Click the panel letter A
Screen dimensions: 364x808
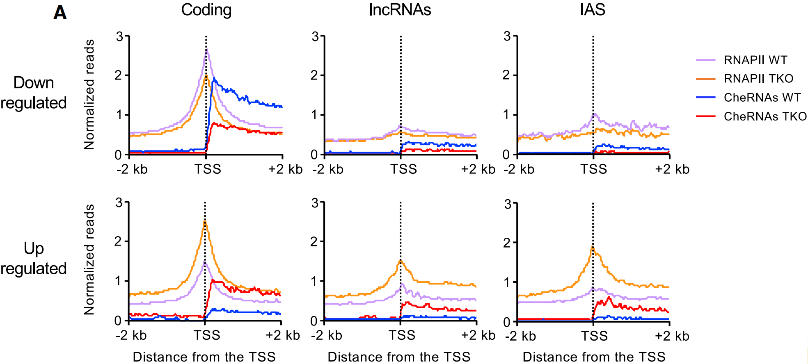coord(60,13)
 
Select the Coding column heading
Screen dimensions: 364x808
coord(206,10)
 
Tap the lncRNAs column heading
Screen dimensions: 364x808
coord(400,10)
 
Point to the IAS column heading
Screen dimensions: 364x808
coord(593,9)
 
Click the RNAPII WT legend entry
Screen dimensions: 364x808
coord(755,60)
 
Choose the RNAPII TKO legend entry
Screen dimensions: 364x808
coord(758,78)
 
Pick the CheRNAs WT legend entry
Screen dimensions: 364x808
coord(762,98)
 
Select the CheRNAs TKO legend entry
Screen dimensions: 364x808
coord(765,116)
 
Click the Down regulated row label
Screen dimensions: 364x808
coord(34,93)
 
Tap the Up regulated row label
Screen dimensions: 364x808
coord(34,258)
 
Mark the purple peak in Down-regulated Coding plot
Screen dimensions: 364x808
coord(207,51)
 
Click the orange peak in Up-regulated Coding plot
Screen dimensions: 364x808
coord(205,222)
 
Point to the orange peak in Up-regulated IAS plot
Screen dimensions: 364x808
coord(593,248)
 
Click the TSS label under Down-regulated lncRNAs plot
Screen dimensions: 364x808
coord(403,169)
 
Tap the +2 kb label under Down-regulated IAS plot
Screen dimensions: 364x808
coord(672,169)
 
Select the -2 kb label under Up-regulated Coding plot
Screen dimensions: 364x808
coord(131,335)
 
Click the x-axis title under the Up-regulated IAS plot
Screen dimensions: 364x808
coord(593,357)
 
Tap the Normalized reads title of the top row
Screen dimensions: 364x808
coord(89,94)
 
